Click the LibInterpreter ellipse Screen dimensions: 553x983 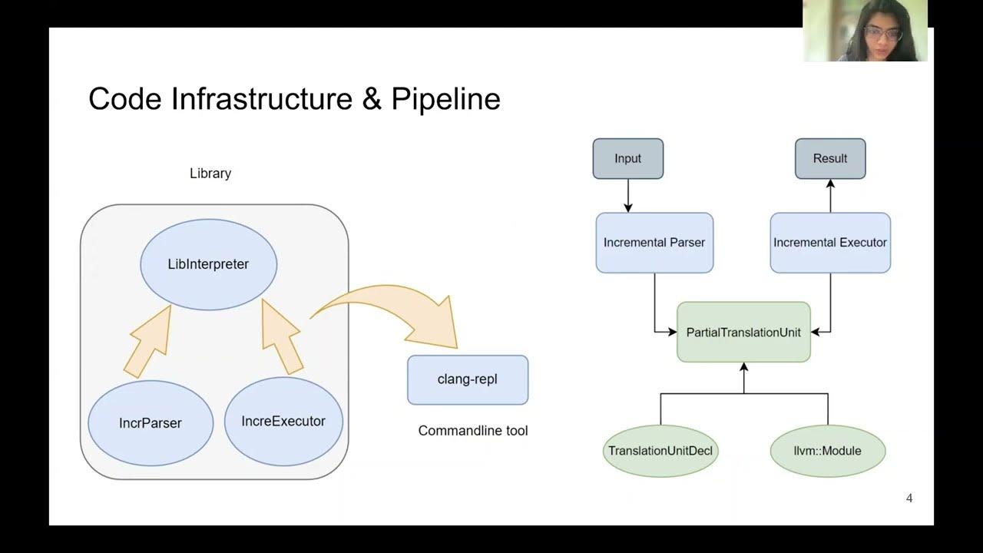click(208, 264)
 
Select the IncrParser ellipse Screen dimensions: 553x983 click(151, 422)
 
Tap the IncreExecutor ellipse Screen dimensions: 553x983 click(283, 421)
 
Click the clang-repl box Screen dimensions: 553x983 click(468, 379)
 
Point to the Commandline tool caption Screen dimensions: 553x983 click(473, 431)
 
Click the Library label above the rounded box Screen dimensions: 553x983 click(210, 174)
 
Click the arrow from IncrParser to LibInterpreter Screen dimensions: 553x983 click(150, 342)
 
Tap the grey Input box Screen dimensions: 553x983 click(627, 159)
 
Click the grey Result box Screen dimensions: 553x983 click(830, 159)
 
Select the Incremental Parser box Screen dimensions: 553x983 click(654, 243)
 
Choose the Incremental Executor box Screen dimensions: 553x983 click(830, 243)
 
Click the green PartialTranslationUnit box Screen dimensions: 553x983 click(743, 333)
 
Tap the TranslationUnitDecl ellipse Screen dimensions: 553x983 click(660, 451)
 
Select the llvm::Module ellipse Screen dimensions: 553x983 click(827, 451)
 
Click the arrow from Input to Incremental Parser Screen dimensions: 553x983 click(628, 196)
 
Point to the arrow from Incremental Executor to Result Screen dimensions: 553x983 click(830, 196)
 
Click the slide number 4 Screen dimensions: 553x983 click(909, 498)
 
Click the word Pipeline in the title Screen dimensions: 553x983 click(445, 99)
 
